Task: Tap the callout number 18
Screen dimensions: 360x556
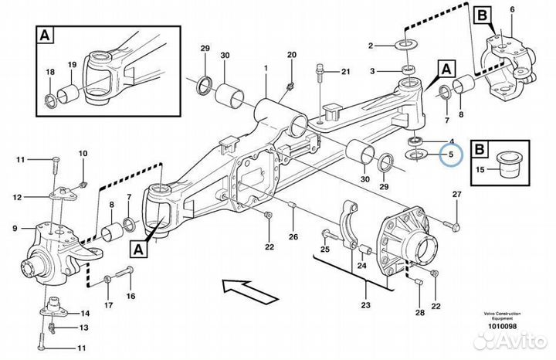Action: pos(51,72)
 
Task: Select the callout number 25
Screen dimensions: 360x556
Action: pos(325,249)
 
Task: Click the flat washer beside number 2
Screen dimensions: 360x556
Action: pos(405,46)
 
